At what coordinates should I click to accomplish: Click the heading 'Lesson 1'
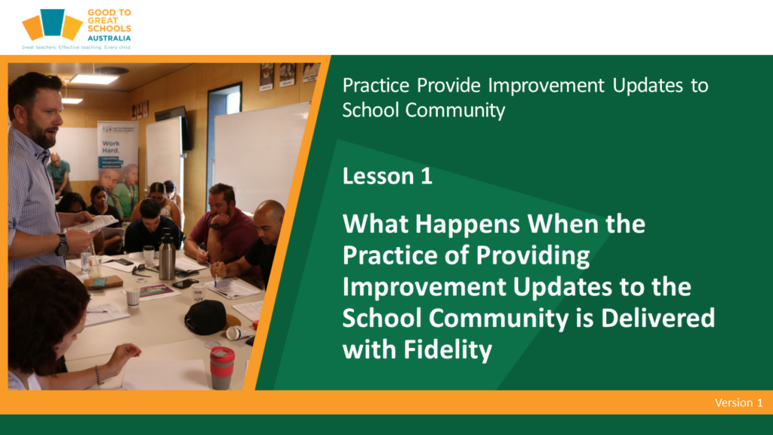click(387, 176)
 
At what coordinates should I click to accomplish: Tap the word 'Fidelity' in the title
click(448, 350)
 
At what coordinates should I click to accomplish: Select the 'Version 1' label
click(738, 403)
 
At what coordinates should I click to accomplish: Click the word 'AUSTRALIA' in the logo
click(109, 38)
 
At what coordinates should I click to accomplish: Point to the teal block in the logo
click(52, 22)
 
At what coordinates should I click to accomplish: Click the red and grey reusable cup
click(222, 368)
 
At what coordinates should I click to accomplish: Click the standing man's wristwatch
click(62, 245)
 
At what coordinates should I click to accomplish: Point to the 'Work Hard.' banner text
click(111, 147)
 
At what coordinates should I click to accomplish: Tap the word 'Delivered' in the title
click(658, 318)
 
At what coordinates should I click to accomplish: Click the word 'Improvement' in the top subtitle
click(547, 85)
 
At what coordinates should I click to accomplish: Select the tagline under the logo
click(76, 48)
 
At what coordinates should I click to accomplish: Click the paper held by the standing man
click(97, 224)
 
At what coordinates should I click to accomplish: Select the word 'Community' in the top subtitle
click(455, 110)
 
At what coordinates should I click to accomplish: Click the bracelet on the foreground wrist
click(99, 375)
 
